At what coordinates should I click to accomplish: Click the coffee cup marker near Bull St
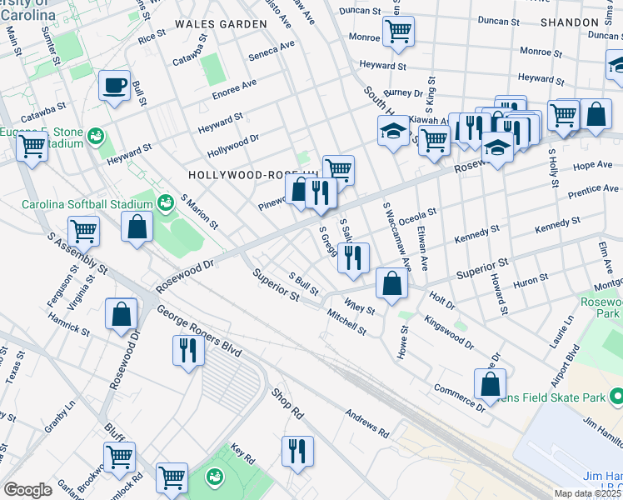tap(114, 85)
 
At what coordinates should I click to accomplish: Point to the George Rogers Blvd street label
tap(198, 332)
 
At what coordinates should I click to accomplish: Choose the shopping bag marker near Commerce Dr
tap(490, 384)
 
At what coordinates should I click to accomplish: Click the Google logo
tap(27, 490)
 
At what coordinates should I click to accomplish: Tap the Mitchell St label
tap(346, 322)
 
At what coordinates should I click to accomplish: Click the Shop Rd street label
tap(287, 403)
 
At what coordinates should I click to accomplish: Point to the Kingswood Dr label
tap(448, 332)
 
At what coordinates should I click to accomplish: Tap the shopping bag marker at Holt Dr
tap(391, 283)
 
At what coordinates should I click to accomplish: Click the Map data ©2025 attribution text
tap(587, 493)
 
